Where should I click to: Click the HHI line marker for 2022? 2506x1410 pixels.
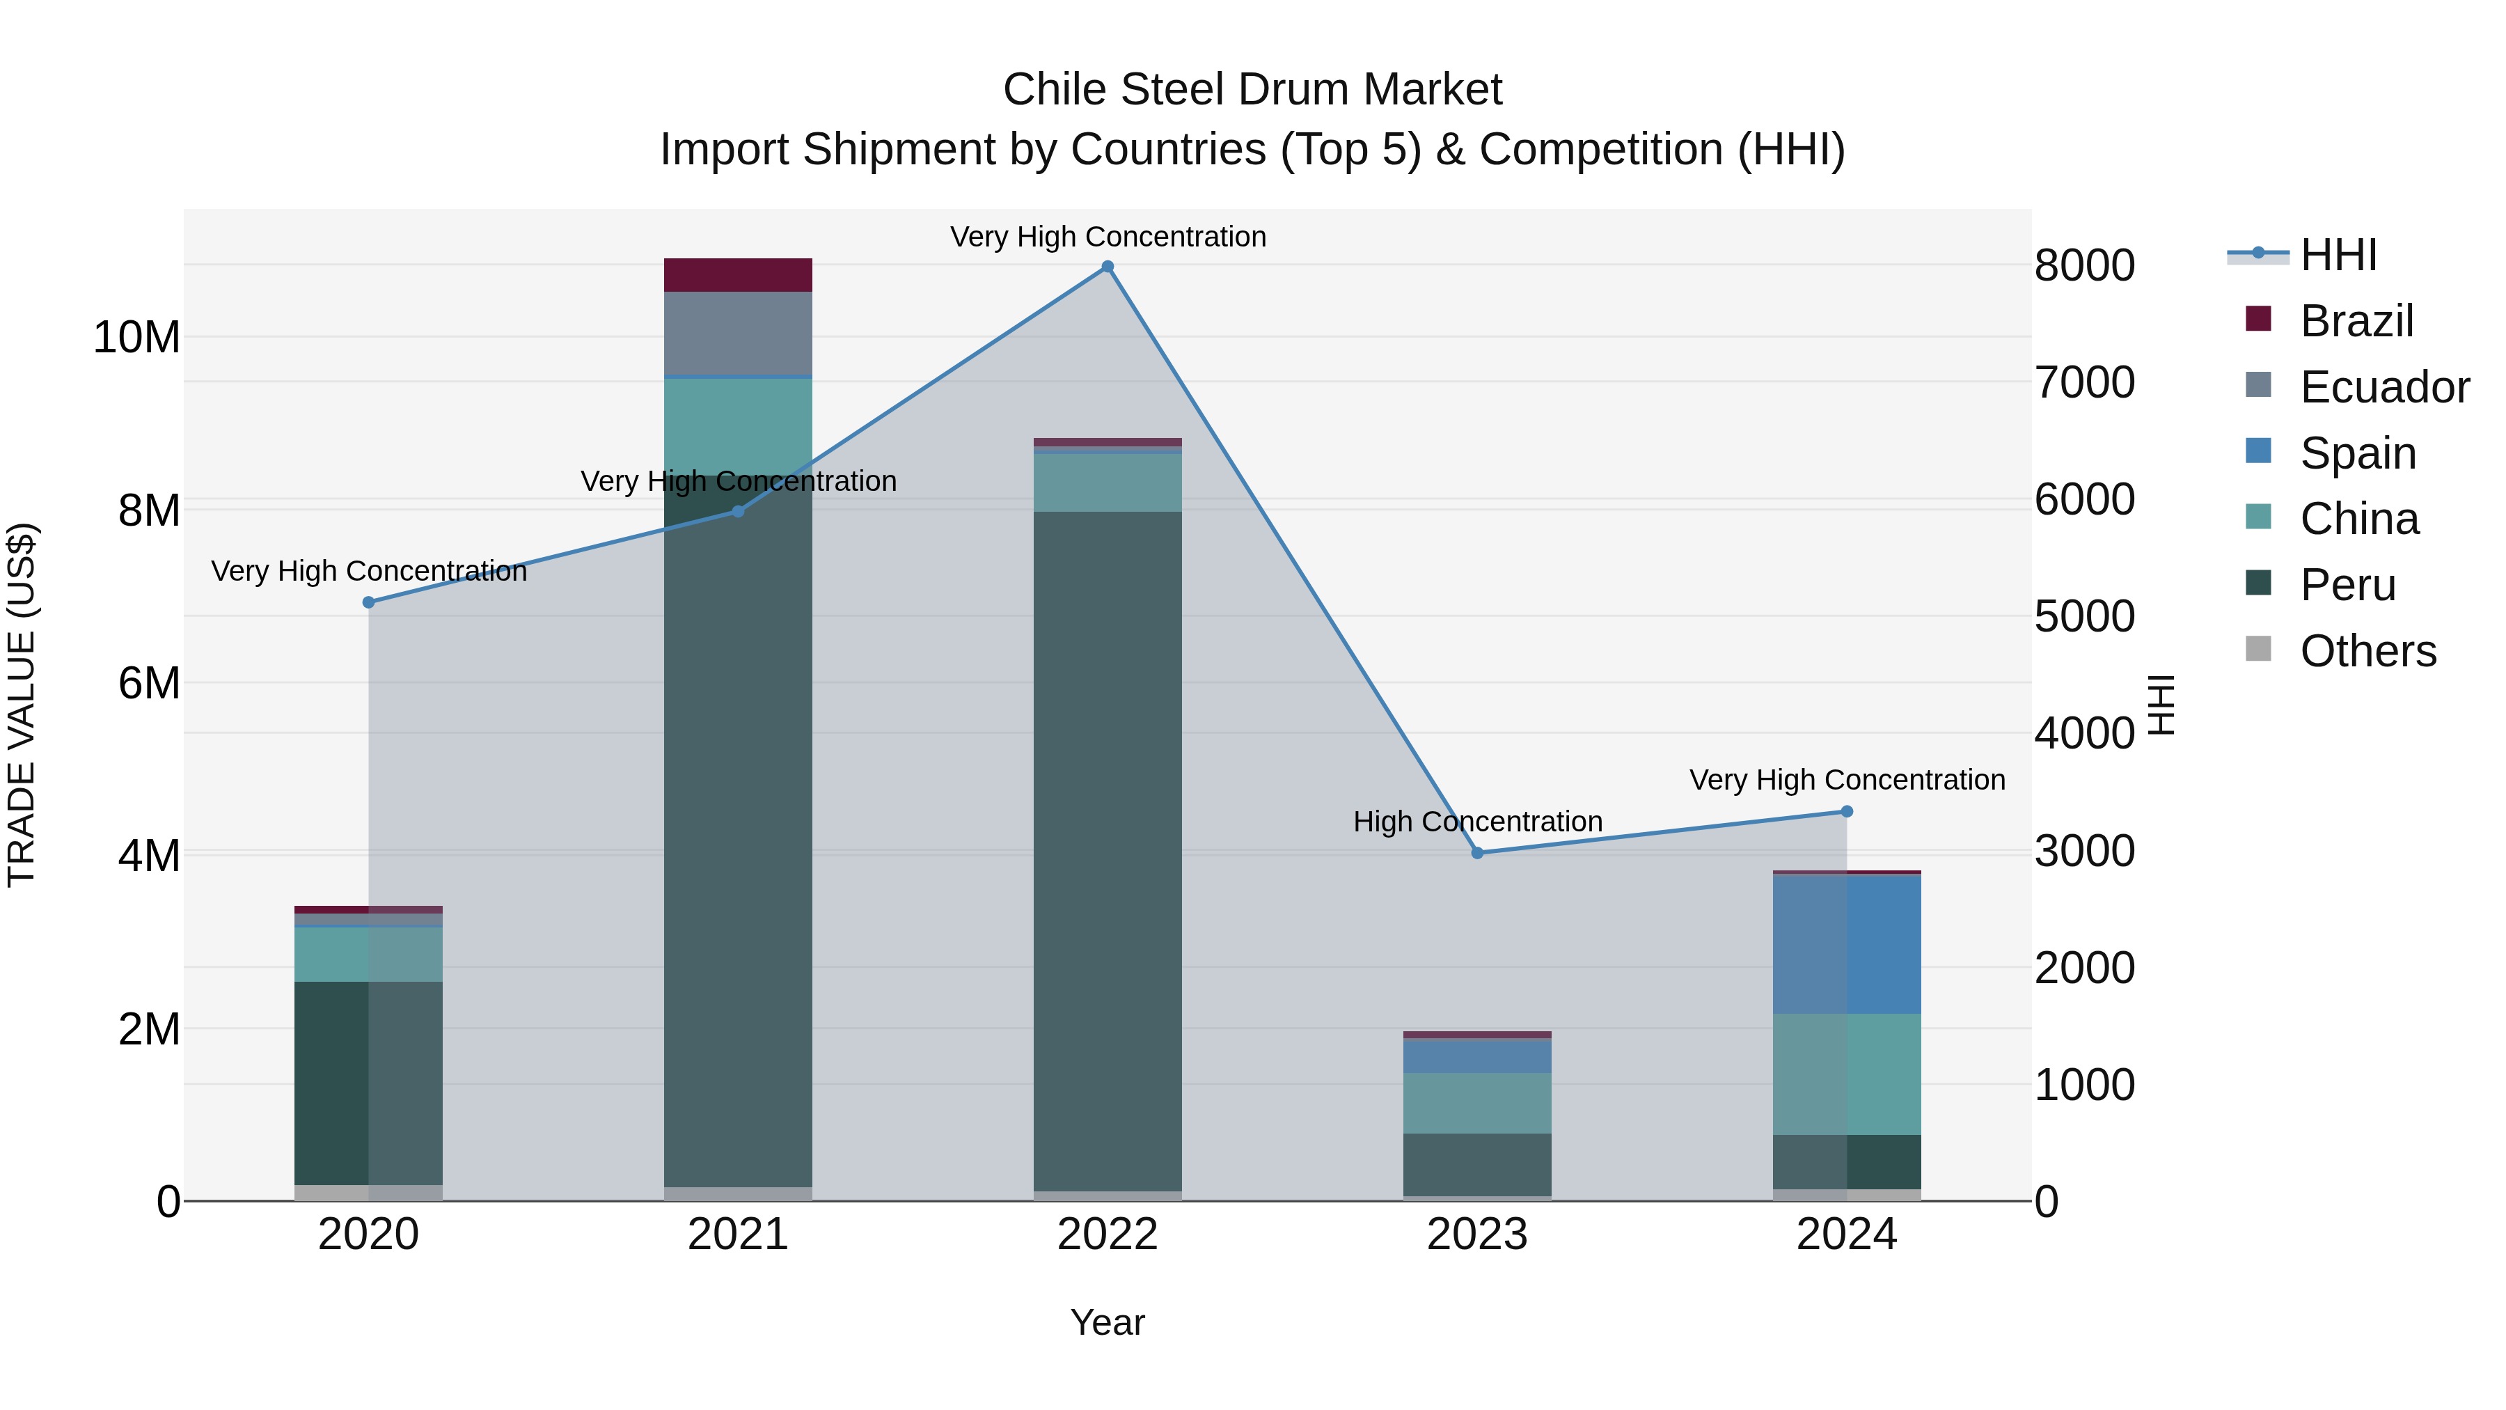(x=1107, y=267)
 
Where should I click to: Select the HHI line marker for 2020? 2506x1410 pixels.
(x=369, y=602)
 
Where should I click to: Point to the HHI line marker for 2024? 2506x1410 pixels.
(x=1846, y=812)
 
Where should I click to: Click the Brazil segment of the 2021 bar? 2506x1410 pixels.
(x=737, y=275)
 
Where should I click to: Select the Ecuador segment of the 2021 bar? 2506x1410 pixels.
(x=737, y=333)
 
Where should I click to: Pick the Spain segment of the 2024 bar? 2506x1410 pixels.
(x=1846, y=944)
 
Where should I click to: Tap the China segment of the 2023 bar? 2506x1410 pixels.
(x=1476, y=1104)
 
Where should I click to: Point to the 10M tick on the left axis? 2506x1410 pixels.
(x=136, y=338)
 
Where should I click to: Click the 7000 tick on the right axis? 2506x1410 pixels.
(x=2083, y=382)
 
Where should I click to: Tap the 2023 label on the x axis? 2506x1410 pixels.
(x=1476, y=1235)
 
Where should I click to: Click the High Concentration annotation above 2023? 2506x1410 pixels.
(x=1476, y=822)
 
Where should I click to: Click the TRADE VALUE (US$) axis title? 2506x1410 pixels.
(x=22, y=705)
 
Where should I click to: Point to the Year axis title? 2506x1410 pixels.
(x=1107, y=1322)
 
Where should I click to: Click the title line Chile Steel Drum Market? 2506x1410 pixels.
(x=1252, y=90)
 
